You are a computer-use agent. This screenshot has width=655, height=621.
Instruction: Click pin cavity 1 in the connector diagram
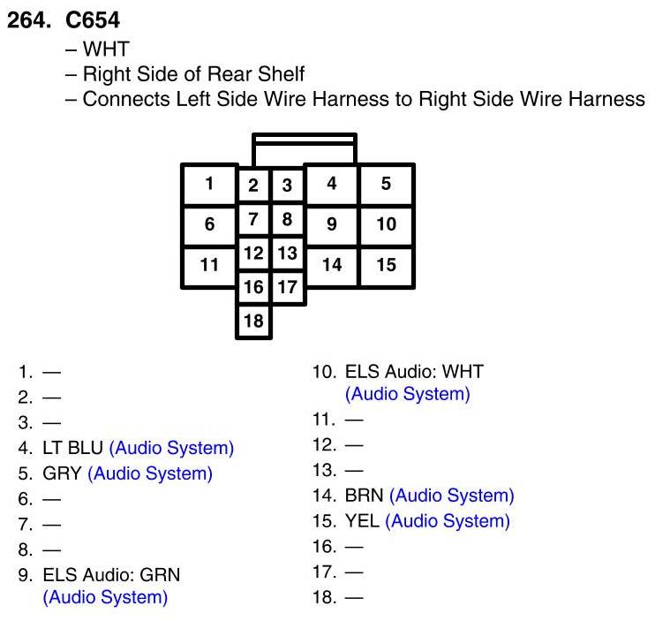coord(209,184)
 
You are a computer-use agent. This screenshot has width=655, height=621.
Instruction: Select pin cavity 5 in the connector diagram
coord(386,184)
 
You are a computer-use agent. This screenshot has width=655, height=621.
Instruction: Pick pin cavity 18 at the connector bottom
coord(253,321)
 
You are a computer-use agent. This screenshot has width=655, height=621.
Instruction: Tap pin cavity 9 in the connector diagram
coord(331,223)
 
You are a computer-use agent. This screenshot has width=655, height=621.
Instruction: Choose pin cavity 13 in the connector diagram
coord(287,254)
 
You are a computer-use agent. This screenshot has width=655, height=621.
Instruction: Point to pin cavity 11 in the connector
coord(209,264)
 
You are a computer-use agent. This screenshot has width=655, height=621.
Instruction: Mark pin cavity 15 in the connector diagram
coord(386,264)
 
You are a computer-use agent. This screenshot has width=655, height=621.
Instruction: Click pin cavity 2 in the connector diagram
coord(253,186)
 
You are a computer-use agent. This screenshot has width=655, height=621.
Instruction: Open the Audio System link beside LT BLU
coord(171,448)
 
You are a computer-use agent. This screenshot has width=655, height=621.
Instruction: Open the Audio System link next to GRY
coord(150,473)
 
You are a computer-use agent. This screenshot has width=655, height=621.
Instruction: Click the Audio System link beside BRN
coord(451,496)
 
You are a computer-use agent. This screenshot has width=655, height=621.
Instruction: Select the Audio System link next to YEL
coord(448,521)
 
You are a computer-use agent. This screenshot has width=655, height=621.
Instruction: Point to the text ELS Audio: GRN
coord(111,575)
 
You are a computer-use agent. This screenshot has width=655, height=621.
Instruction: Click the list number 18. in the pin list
coord(325,598)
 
